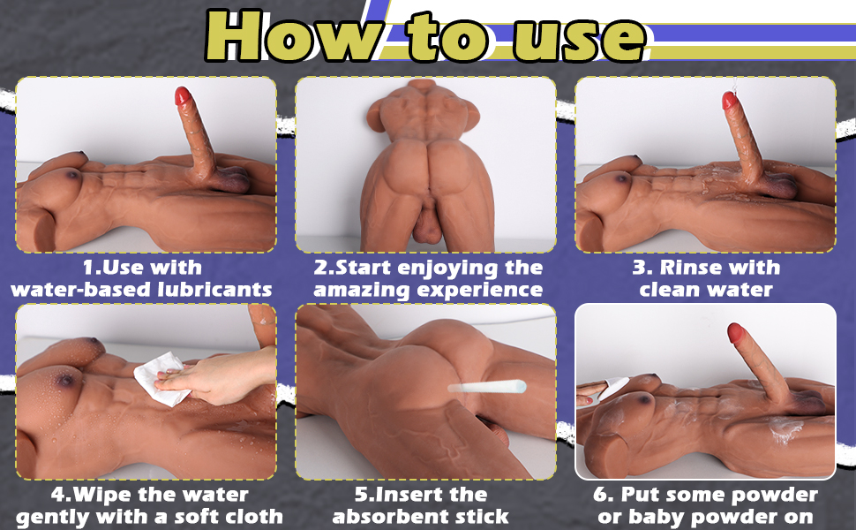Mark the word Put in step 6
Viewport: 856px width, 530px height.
coord(651,495)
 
